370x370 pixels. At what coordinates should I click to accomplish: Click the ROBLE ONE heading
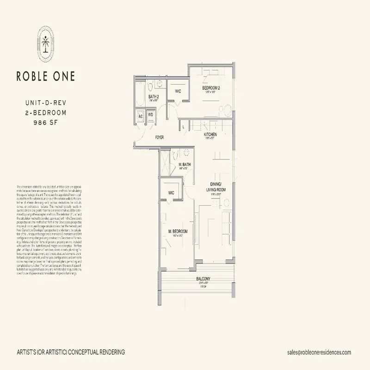45,76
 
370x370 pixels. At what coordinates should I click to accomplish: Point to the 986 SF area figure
45,122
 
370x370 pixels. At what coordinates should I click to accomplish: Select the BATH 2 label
154,97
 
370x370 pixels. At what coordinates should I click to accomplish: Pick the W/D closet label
151,115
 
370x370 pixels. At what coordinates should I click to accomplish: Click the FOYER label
160,137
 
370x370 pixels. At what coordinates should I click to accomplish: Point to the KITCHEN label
210,135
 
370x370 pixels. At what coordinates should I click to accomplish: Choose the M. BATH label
185,165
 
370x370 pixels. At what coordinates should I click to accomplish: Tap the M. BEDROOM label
178,231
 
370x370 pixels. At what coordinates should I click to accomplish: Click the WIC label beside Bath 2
178,91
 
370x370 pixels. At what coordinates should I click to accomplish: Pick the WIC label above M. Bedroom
171,193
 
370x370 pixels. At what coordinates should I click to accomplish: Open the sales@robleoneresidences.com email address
319,352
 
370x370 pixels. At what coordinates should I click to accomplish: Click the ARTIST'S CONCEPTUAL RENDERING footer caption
71,352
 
